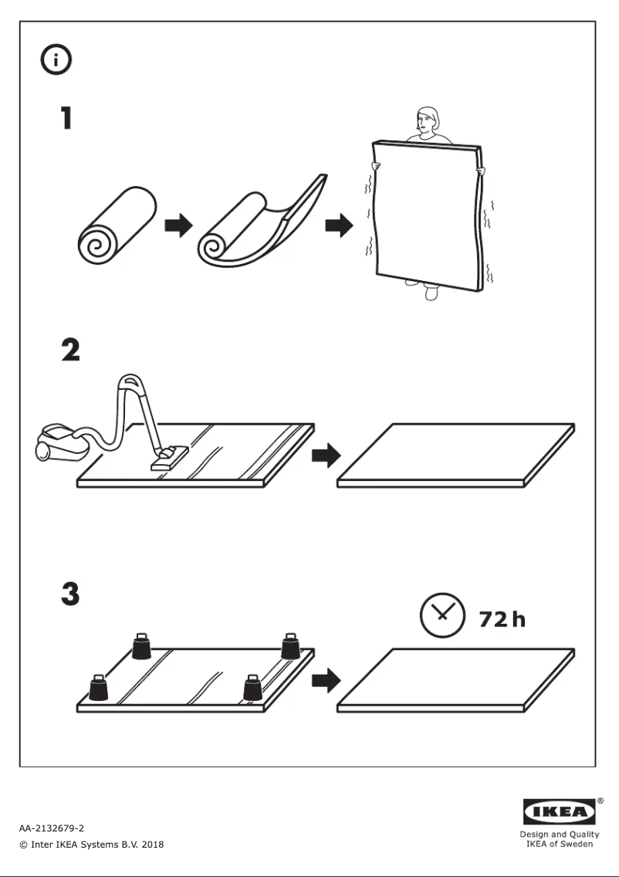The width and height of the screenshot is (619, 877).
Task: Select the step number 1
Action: [x=67, y=117]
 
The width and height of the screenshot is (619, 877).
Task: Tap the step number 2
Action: [x=69, y=350]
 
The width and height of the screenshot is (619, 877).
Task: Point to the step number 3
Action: [x=69, y=594]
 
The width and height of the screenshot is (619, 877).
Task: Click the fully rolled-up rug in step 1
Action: [x=117, y=224]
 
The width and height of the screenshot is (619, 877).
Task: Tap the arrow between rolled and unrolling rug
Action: [x=178, y=225]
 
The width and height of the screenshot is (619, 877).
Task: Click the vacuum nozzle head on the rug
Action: [x=169, y=459]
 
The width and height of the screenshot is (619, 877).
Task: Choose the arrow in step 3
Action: [x=326, y=680]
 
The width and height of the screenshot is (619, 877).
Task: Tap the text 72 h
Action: [x=502, y=618]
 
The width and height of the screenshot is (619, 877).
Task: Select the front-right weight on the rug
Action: [x=253, y=686]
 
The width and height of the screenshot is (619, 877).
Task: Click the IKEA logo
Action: [x=560, y=812]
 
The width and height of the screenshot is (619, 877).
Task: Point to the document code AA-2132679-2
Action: [x=52, y=828]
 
